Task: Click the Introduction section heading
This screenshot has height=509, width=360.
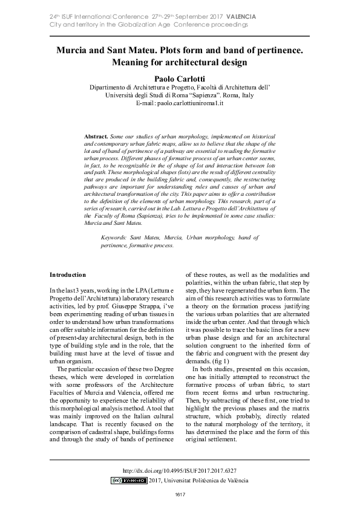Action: [x=68, y=274]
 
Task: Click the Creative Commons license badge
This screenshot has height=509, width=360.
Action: [x=129, y=481]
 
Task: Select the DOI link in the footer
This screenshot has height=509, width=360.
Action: [x=179, y=470]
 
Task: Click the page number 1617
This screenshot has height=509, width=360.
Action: [x=180, y=496]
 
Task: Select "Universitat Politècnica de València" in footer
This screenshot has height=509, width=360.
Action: [x=206, y=481]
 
